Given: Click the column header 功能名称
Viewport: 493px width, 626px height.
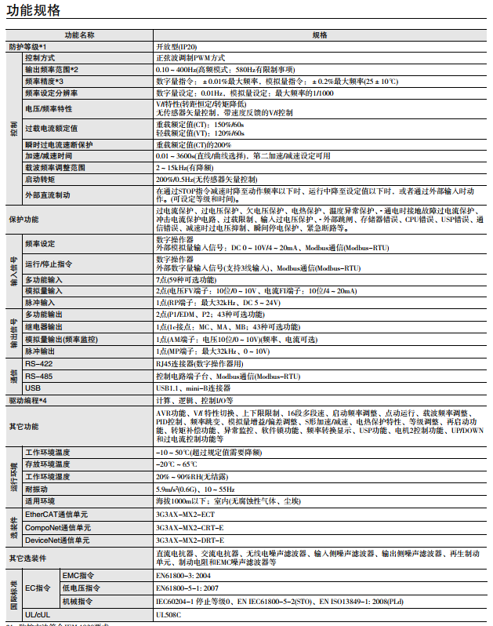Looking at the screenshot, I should [80, 35].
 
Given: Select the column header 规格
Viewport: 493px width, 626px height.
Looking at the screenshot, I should [320, 35].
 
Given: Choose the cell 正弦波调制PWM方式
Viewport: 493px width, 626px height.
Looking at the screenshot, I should [191, 58].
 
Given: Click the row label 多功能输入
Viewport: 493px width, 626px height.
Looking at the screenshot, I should [45, 279].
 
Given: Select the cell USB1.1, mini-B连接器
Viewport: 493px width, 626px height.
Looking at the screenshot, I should [193, 388].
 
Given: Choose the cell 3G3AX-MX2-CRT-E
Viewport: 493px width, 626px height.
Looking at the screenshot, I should [189, 527].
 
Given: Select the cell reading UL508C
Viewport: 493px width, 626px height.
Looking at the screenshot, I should [169, 615].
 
